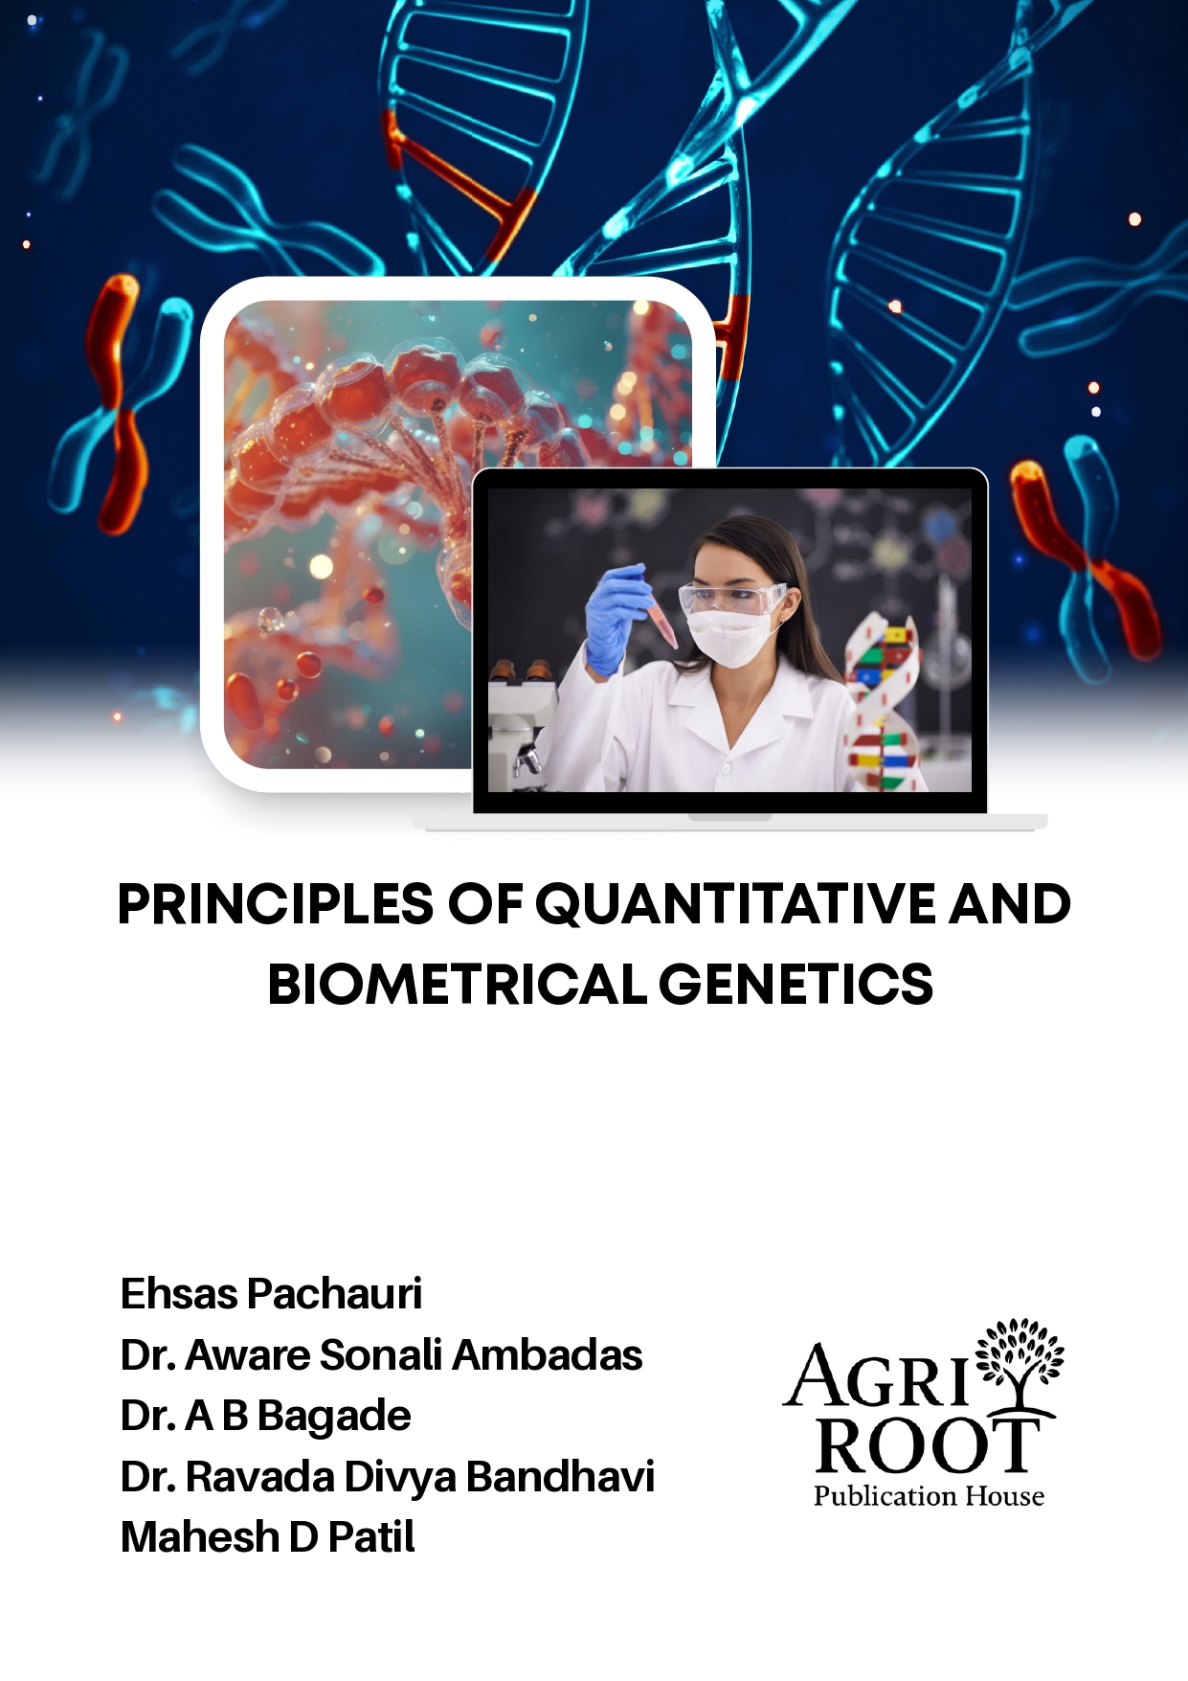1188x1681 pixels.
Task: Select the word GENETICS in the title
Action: click(x=796, y=985)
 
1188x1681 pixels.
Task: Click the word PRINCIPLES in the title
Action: click(x=276, y=904)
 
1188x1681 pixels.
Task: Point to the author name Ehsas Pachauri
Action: click(x=271, y=1294)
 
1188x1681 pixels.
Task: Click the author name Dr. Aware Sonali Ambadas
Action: click(x=381, y=1355)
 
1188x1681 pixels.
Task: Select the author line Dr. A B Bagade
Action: click(x=265, y=1416)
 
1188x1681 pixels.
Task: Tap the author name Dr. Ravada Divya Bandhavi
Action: click(x=387, y=1477)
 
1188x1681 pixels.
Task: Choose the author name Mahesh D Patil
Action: click(x=267, y=1537)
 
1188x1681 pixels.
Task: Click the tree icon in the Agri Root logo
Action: click(x=1019, y=1360)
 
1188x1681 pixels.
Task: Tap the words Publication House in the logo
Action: click(x=929, y=1496)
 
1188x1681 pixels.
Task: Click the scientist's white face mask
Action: click(x=731, y=636)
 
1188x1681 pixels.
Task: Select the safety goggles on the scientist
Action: click(x=731, y=599)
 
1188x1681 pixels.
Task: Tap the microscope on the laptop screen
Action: click(x=523, y=718)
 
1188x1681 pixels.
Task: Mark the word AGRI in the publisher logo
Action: click(x=879, y=1377)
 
